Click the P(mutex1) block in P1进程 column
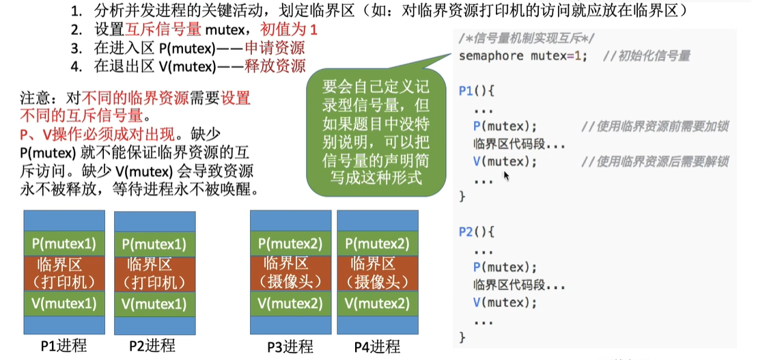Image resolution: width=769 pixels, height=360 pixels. coord(64,243)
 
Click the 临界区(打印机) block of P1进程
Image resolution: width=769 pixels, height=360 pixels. coord(64,273)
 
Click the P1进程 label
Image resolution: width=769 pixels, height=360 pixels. coord(64,346)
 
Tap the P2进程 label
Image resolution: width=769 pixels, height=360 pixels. coord(152,346)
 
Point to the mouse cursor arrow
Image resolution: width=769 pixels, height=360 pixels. coord(506,176)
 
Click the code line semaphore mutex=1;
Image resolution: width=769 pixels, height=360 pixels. coord(522,56)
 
